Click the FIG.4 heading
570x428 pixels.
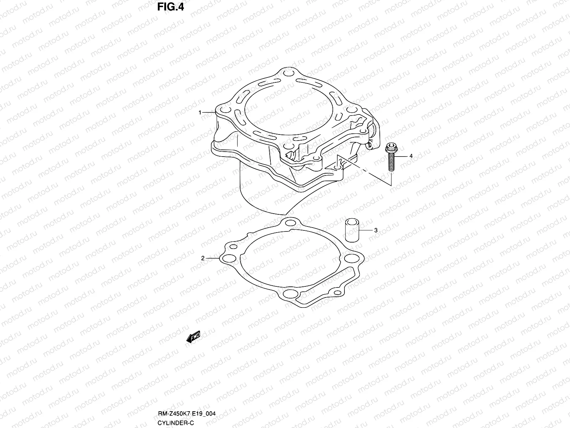pos(171,7)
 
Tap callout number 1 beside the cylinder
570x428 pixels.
pos(200,113)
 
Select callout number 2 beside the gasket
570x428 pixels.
pos(203,258)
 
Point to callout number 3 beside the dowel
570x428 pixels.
pos(375,230)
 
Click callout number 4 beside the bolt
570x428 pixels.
pos(411,156)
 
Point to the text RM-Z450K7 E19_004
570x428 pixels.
pos(187,414)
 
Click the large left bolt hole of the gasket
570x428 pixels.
pos(229,258)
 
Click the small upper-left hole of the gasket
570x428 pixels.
pos(233,247)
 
